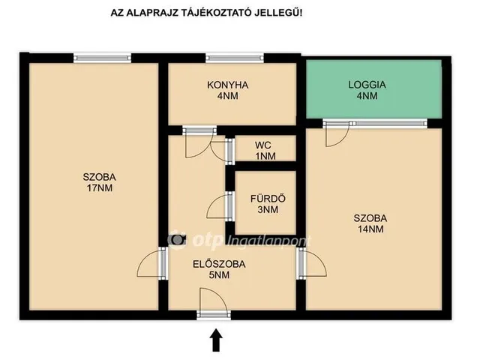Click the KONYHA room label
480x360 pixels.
point(227,85)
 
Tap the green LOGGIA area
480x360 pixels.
point(373,88)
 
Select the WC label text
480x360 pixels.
point(263,145)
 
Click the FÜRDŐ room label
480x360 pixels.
point(268,199)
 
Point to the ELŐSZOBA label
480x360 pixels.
point(219,264)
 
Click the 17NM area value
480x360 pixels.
point(100,188)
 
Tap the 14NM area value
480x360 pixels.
point(370,229)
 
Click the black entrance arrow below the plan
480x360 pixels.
point(216,340)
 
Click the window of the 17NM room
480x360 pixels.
point(102,58)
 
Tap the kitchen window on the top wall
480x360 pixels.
point(235,58)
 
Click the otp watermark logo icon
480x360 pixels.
point(177,239)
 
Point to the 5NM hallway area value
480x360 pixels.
point(219,275)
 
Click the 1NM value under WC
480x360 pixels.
point(265,156)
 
